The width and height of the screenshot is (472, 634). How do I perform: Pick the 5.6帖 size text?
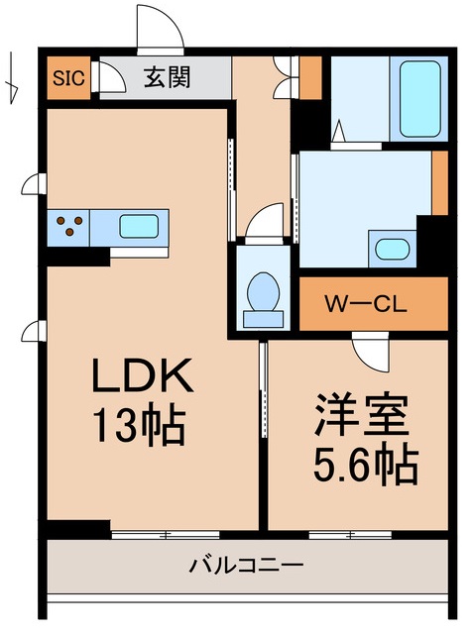361,462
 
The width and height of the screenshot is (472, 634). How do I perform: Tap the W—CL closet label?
363,303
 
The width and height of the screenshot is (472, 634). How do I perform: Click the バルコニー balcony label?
246,566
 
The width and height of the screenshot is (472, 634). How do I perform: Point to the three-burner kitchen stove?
69,226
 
